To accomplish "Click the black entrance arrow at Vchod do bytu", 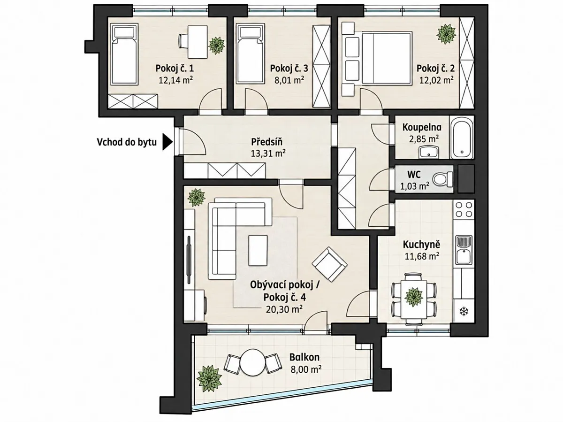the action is tap(167, 142).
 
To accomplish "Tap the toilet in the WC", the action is tap(443, 179).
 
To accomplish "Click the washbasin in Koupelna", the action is tap(429, 153).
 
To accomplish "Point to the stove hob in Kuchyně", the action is tap(464, 209).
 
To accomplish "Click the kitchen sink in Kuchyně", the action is tap(464, 250).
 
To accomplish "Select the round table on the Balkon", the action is tap(252, 362).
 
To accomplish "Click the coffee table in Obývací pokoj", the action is tap(258, 251).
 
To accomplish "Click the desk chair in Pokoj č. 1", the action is tap(183, 41).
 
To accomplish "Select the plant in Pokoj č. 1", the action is tap(216, 46).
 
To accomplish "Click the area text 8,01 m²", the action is tap(289, 80).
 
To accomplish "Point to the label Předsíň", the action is tap(267, 141).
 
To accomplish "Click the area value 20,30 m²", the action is tap(284, 309).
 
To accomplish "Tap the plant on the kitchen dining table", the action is tap(413, 297).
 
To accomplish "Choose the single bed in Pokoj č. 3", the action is tap(251, 54).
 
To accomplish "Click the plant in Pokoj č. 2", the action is tap(447, 34).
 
